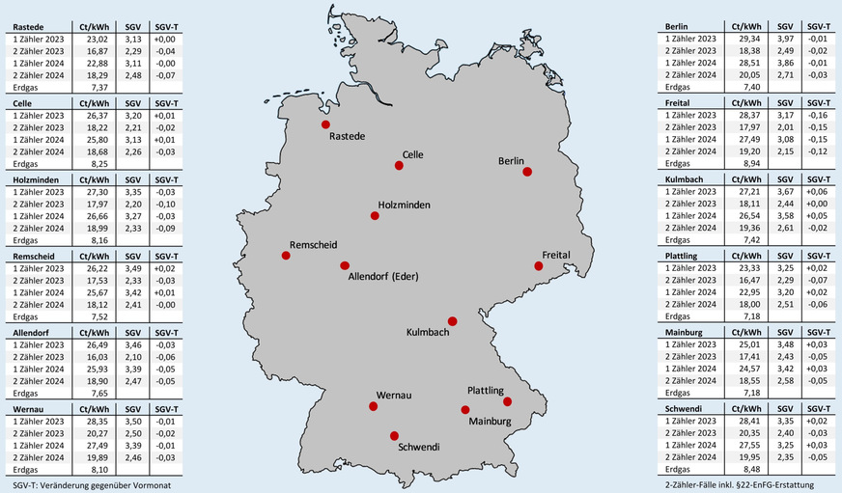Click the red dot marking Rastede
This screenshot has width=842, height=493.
tap(325, 125)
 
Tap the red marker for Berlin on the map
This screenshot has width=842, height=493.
tap(527, 172)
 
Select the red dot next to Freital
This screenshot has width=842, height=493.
tap(539, 266)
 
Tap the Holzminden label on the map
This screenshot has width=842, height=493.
tap(405, 205)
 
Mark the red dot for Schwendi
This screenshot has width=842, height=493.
tap(394, 435)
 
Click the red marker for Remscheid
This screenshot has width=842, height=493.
tap(286, 256)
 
